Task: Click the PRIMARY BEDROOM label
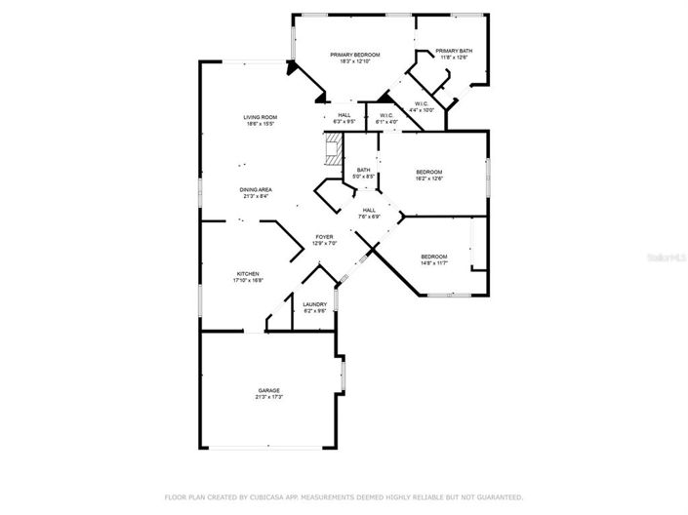[354, 55]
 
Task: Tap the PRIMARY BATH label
[454, 51]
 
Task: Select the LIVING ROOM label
[261, 117]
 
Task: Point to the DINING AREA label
[257, 189]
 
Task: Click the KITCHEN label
[247, 273]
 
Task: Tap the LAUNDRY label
[314, 304]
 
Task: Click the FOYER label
[324, 237]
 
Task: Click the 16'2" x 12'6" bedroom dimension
[430, 178]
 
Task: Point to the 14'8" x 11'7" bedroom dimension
[433, 262]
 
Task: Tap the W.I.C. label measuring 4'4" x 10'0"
[422, 103]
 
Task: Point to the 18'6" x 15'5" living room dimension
[261, 124]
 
